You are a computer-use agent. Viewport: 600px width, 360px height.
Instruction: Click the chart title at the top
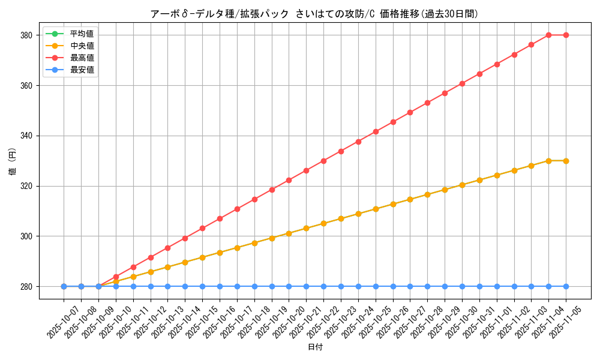pos(315,14)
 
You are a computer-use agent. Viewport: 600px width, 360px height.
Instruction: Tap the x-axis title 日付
pos(315,347)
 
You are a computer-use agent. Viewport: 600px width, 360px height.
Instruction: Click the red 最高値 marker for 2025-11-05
pos(566,35)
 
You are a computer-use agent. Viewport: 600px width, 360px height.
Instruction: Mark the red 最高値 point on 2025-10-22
pos(323,161)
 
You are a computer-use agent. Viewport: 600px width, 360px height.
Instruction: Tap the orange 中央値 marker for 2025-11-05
pos(566,161)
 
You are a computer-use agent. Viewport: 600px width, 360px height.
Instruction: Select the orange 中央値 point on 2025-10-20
pos(289,233)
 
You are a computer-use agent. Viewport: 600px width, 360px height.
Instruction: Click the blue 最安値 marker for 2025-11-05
pos(566,286)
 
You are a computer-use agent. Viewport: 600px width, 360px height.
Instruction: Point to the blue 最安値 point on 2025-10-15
pos(202,286)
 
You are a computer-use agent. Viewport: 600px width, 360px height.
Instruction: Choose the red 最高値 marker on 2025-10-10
pos(116,277)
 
